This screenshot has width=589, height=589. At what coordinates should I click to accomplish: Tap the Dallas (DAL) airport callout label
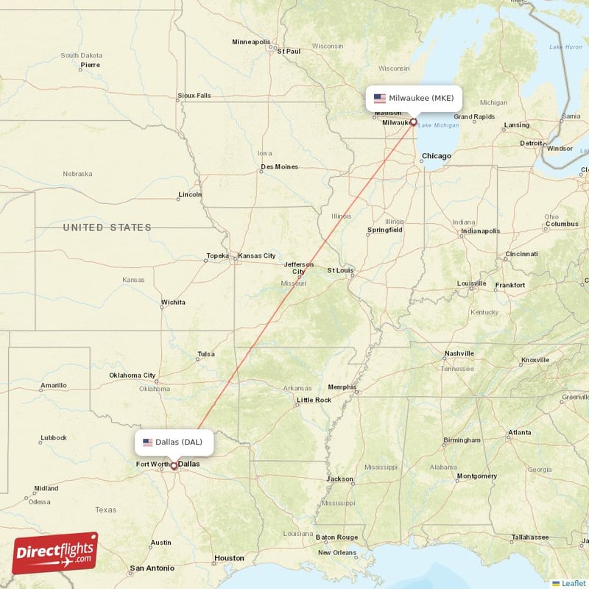174,442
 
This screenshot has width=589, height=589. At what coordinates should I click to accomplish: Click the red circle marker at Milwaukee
413,122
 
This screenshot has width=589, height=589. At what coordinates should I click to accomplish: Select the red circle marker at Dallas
174,465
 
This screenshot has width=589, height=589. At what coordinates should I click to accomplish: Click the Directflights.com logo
55,554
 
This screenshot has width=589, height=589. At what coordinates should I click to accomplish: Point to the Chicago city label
437,156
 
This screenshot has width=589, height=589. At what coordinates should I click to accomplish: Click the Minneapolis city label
251,42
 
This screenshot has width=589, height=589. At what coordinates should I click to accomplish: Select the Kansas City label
257,256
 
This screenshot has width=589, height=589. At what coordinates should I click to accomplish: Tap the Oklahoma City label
133,375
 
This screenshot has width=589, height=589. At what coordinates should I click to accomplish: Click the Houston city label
228,559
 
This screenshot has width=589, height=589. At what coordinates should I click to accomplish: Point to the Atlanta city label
520,432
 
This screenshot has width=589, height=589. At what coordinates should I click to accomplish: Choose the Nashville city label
459,353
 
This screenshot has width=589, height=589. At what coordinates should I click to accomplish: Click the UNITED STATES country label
107,228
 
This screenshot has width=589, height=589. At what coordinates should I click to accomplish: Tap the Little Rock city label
314,401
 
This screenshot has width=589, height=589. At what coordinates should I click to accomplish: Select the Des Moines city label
280,167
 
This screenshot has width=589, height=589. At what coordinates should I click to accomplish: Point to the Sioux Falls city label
194,96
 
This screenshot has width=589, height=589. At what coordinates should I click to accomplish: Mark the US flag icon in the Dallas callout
148,442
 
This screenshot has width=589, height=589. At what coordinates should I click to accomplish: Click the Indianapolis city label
480,231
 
